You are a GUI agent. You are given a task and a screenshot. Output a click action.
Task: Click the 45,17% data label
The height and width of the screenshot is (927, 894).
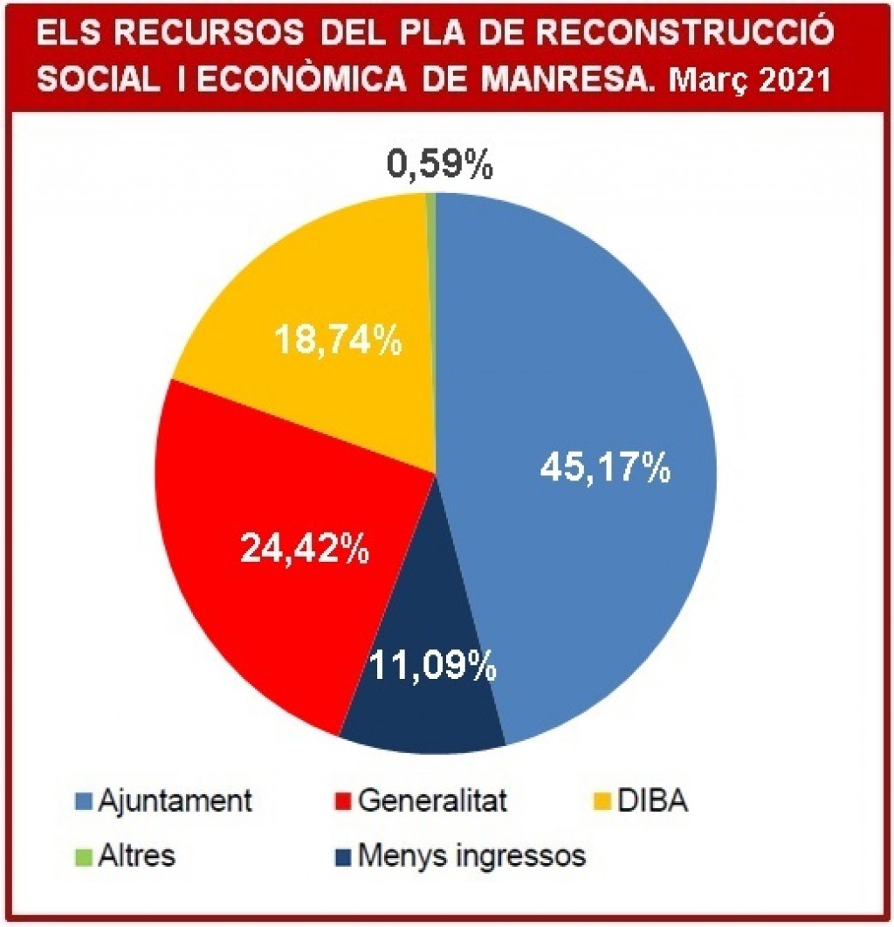point(605,469)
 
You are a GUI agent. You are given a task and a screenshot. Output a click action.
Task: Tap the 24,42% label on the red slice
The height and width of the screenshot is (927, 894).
point(304,549)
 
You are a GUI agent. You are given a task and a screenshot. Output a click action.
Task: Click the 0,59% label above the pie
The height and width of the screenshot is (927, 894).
point(440,164)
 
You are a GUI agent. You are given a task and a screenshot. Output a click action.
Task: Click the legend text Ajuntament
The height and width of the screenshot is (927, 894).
point(175,800)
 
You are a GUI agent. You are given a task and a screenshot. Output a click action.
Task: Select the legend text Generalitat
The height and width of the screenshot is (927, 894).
point(432,800)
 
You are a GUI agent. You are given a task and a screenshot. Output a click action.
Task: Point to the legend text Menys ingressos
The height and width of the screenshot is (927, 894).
point(472,855)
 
